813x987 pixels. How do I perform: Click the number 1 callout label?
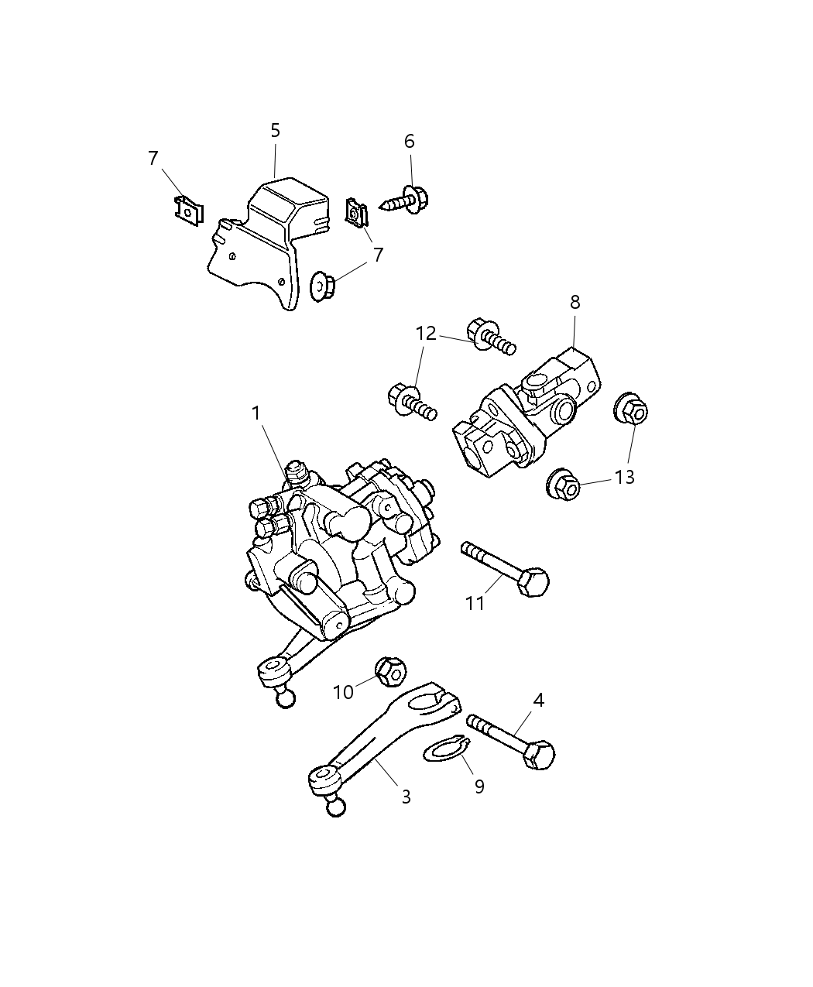(256, 414)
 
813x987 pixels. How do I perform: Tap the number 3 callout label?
(406, 797)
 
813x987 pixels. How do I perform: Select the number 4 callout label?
(539, 701)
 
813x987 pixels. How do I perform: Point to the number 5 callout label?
(276, 131)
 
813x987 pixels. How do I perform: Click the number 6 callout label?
(410, 141)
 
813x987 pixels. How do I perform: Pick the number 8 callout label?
(575, 302)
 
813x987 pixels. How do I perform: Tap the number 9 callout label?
(479, 787)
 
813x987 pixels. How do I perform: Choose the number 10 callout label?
(343, 691)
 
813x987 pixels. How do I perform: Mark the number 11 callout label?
(475, 602)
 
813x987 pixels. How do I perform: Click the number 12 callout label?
(426, 334)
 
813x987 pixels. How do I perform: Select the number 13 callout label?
(625, 477)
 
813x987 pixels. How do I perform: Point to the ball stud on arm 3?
(335, 807)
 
